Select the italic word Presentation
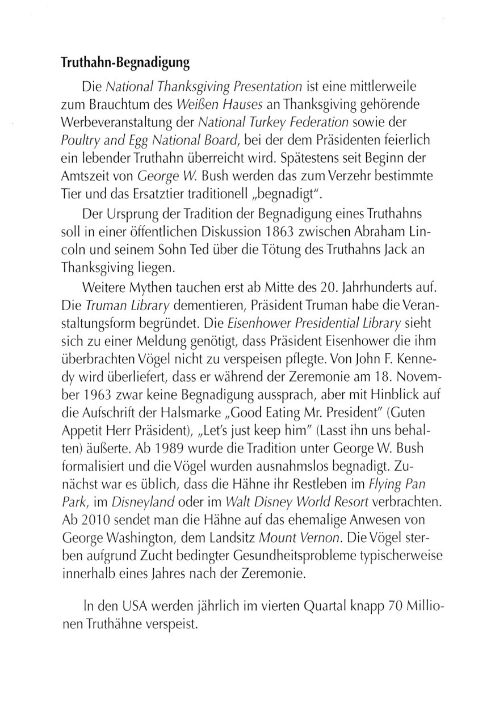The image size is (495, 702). coord(268,87)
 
